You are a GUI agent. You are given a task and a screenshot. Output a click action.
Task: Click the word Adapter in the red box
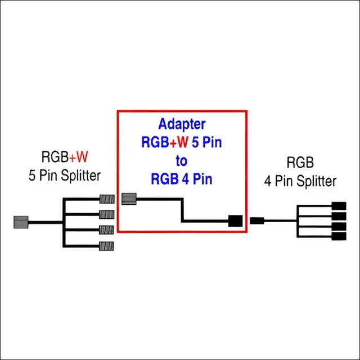pos(181,124)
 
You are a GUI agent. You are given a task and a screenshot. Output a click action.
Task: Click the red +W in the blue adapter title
pos(178,142)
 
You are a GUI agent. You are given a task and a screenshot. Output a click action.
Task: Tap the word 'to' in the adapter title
pos(181,161)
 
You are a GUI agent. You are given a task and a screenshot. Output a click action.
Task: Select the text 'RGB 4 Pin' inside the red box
pos(181,179)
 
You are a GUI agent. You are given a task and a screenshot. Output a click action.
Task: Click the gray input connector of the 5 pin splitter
pos(20,222)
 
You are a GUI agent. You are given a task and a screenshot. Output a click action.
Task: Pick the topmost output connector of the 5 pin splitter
pos(106,199)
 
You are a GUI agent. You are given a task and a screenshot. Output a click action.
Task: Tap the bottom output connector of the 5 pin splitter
pos(106,245)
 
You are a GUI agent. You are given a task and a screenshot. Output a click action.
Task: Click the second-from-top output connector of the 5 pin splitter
pos(106,214)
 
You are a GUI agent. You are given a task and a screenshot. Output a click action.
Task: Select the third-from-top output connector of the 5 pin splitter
pos(106,229)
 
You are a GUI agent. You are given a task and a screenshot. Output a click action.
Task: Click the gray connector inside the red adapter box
pos(129,198)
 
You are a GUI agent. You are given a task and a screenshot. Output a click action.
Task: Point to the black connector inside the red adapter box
pos(235,221)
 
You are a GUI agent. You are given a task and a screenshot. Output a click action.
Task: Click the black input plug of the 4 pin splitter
pos(257,220)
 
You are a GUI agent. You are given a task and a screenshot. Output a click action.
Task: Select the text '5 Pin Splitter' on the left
pos(64,175)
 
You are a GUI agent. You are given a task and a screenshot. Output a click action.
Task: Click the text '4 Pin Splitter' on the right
pos(300,181)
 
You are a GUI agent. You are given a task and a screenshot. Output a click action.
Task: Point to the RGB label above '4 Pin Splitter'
pos(300,164)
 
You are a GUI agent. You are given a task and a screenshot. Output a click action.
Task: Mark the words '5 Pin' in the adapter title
pos(204,142)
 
